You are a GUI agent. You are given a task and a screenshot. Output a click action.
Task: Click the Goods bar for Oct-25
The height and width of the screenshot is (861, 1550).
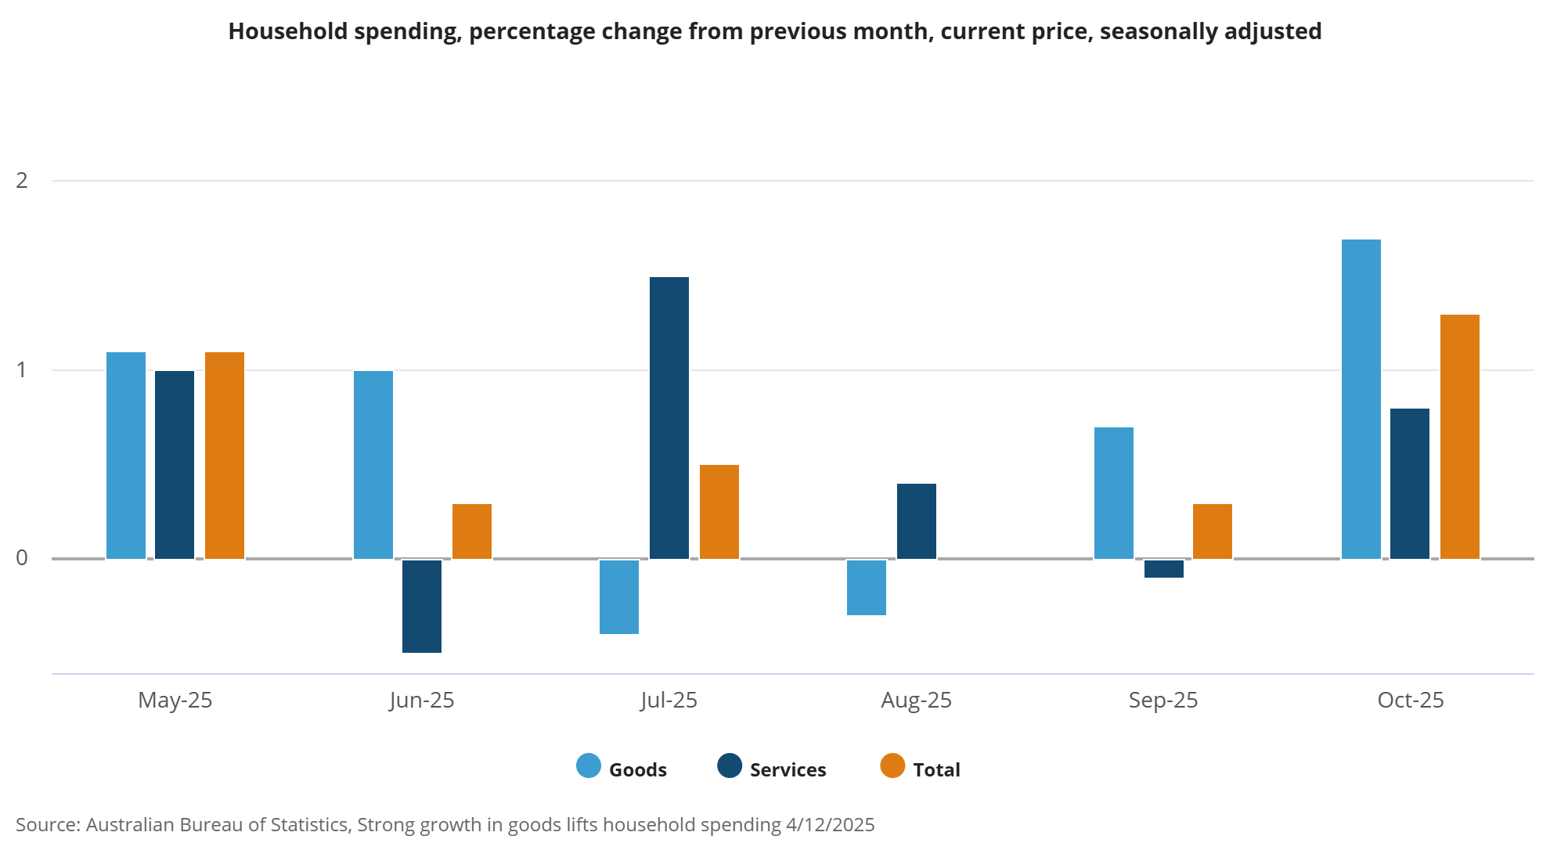pyautogui.click(x=1361, y=399)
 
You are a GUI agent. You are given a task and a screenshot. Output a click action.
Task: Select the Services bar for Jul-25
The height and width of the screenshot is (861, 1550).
pyautogui.click(x=669, y=418)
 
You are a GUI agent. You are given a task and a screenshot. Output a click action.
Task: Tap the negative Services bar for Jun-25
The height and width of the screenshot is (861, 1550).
pyautogui.click(x=422, y=606)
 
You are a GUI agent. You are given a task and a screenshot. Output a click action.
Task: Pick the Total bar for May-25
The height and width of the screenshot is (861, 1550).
pyautogui.click(x=225, y=456)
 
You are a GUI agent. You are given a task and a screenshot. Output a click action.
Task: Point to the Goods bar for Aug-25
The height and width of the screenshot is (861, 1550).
pyautogui.click(x=867, y=587)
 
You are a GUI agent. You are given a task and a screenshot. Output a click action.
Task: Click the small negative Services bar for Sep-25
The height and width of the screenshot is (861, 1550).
pyautogui.click(x=1164, y=569)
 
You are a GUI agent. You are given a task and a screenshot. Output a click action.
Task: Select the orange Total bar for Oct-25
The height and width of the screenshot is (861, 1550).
pyautogui.click(x=1460, y=437)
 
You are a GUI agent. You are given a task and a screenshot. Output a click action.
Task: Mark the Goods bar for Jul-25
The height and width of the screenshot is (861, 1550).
pyautogui.click(x=619, y=596)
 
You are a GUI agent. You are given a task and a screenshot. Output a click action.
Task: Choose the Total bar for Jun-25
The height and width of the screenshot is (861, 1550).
pyautogui.click(x=472, y=531)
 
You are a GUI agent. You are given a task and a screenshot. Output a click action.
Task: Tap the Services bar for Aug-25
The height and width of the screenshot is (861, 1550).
pyautogui.click(x=917, y=521)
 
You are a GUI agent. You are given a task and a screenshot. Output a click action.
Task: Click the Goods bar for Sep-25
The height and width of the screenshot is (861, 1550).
pyautogui.click(x=1114, y=493)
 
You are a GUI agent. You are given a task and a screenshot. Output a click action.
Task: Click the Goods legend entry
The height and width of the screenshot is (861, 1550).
pyautogui.click(x=622, y=769)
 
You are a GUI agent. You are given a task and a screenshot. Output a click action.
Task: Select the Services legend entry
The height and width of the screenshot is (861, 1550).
pyautogui.click(x=772, y=769)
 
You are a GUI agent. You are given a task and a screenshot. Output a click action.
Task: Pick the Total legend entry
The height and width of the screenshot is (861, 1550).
pyautogui.click(x=921, y=769)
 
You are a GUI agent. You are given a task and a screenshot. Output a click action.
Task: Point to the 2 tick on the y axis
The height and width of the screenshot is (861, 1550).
pyautogui.click(x=22, y=181)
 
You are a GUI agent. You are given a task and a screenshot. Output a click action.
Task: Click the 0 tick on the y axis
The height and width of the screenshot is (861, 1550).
pyautogui.click(x=22, y=558)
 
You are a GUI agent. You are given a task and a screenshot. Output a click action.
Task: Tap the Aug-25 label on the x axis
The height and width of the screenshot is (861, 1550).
pyautogui.click(x=916, y=700)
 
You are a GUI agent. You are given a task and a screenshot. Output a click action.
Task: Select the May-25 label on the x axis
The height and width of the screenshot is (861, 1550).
pyautogui.click(x=175, y=700)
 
